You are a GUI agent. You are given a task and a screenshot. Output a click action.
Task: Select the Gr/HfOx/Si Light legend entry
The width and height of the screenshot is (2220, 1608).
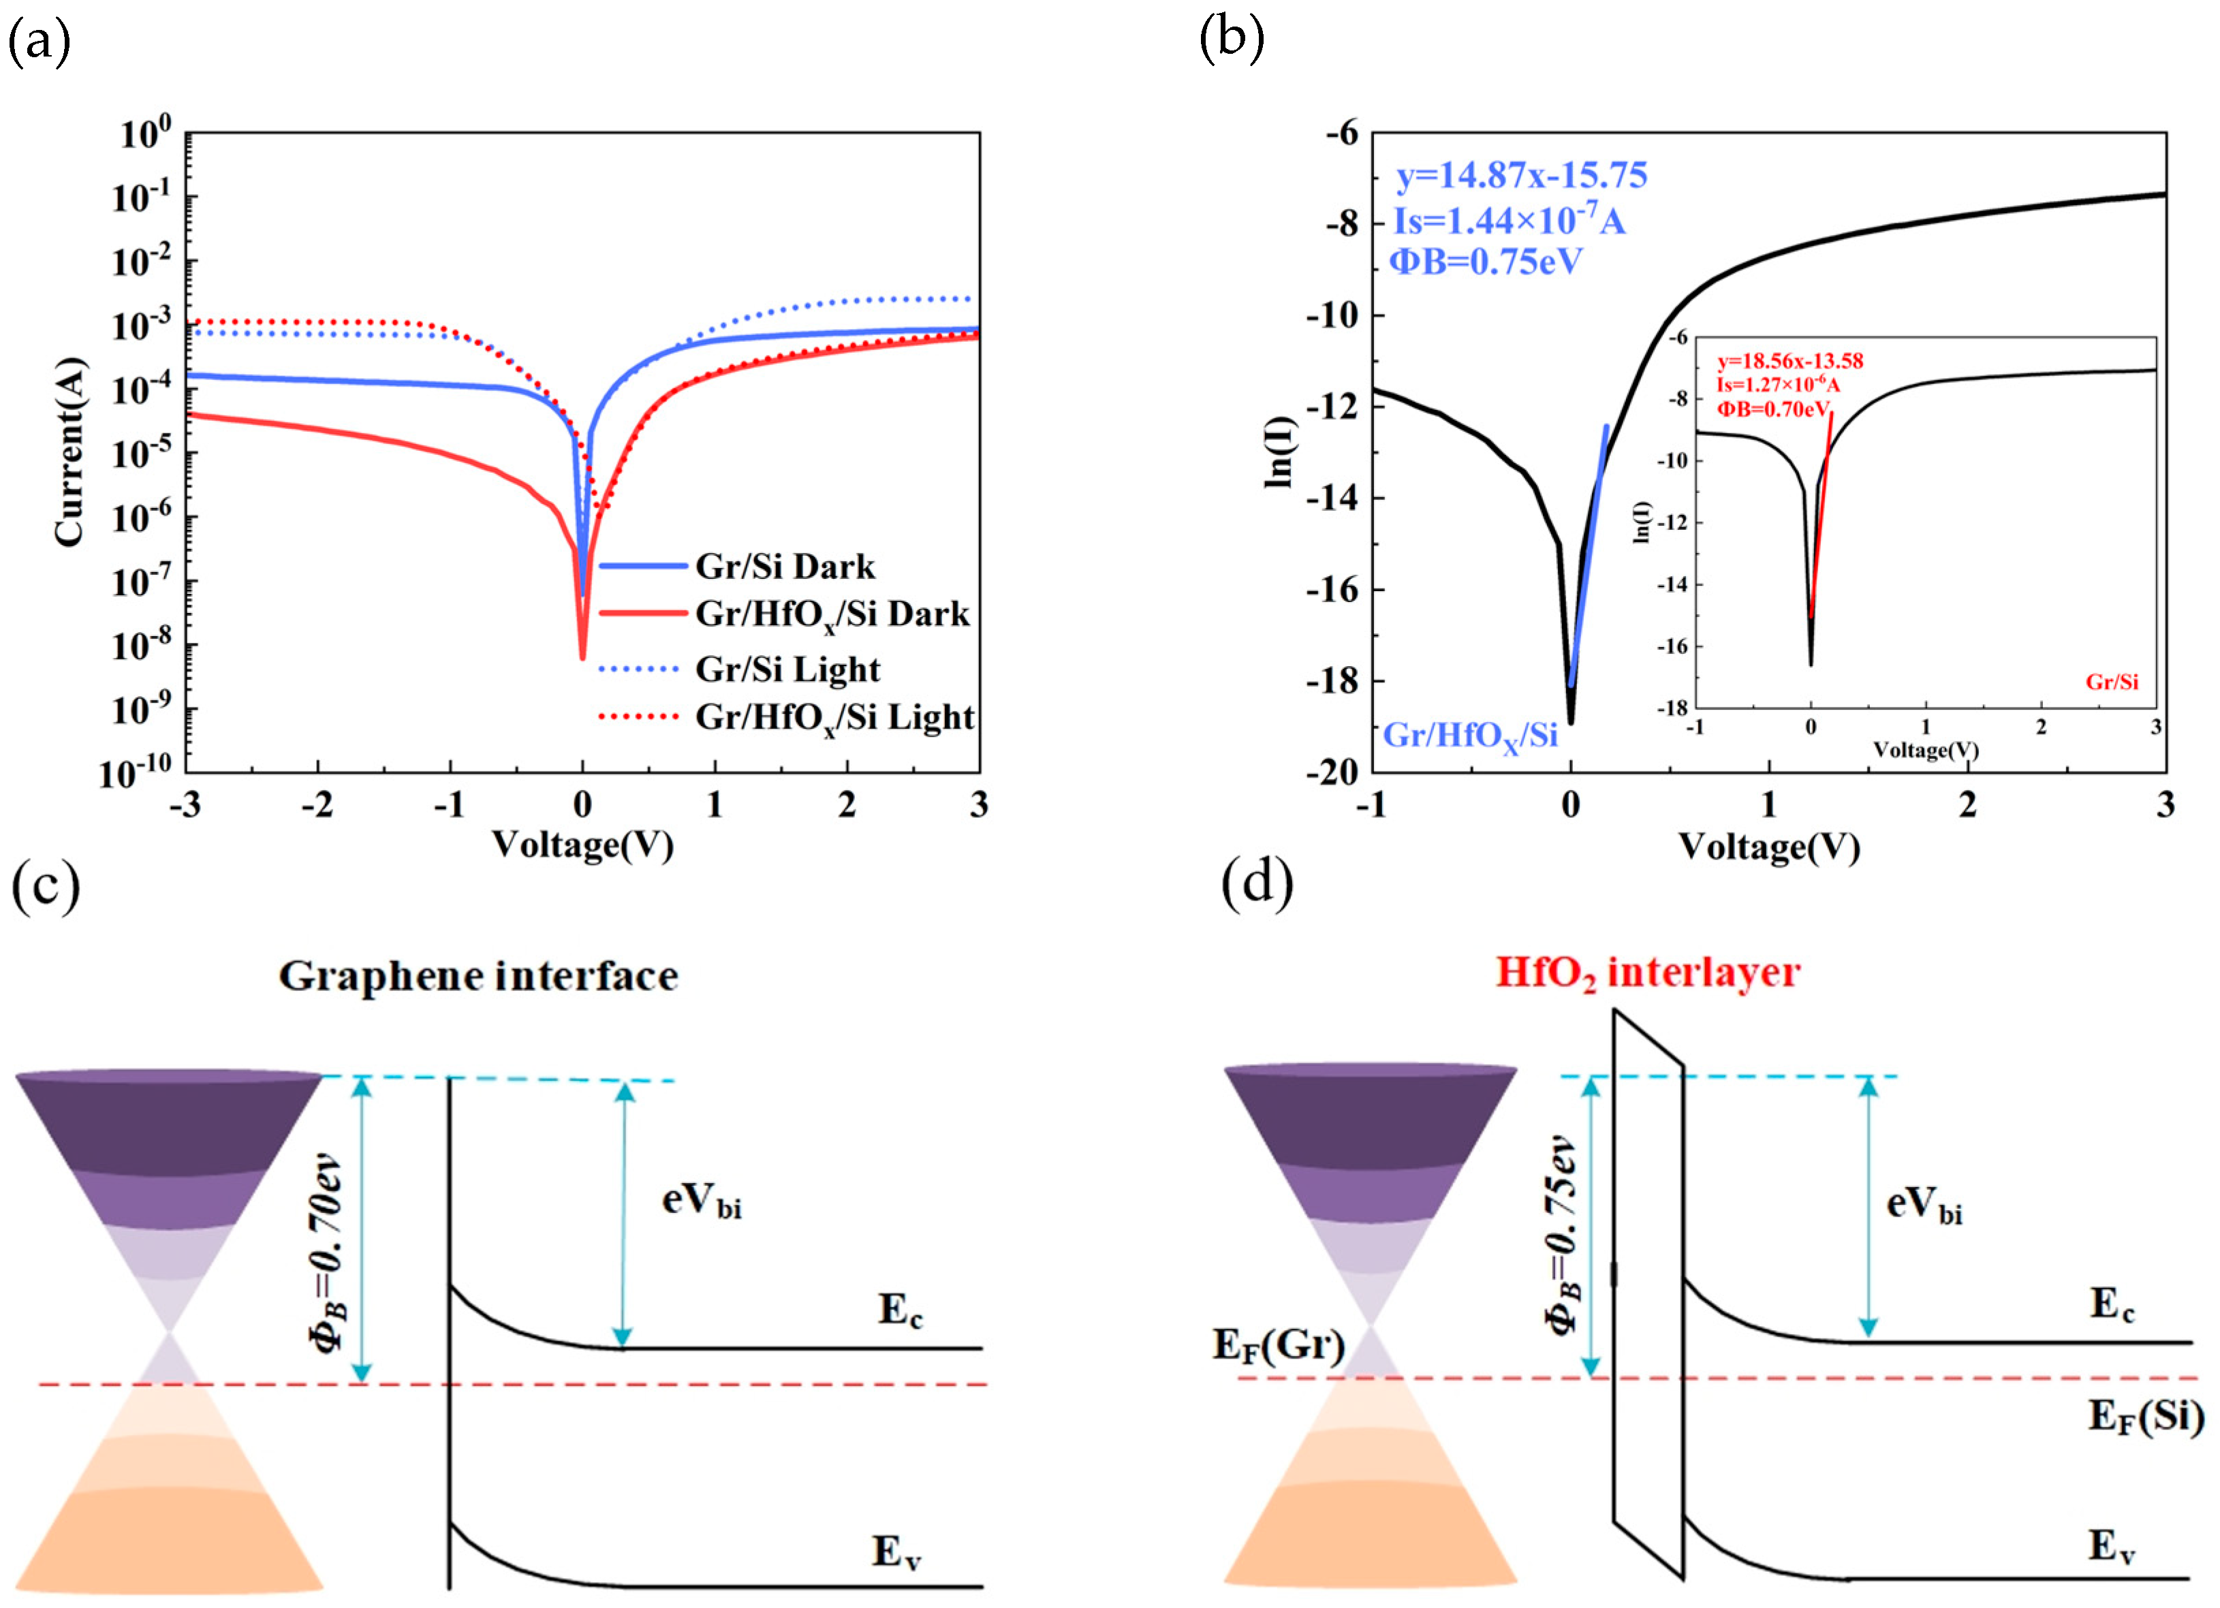tap(833, 717)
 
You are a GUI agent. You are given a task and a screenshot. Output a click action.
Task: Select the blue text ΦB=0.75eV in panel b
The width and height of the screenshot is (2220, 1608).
tap(1486, 262)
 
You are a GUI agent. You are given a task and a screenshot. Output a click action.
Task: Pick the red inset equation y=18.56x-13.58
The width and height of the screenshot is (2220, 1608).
tap(1790, 361)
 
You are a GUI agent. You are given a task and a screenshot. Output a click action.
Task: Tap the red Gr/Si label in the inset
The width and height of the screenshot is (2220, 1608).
tap(2111, 682)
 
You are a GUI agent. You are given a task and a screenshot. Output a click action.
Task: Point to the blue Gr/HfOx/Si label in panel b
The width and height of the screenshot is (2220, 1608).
tap(1469, 735)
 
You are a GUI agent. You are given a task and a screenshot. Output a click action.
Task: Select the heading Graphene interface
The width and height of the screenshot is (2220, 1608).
tap(479, 976)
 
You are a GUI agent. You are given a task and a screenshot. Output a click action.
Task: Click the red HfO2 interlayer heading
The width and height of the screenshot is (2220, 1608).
tap(1647, 973)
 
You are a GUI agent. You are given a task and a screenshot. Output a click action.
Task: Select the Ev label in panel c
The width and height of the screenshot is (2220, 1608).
tap(896, 1552)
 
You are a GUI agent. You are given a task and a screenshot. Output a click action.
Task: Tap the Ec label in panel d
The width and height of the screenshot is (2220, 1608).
tap(2111, 1305)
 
